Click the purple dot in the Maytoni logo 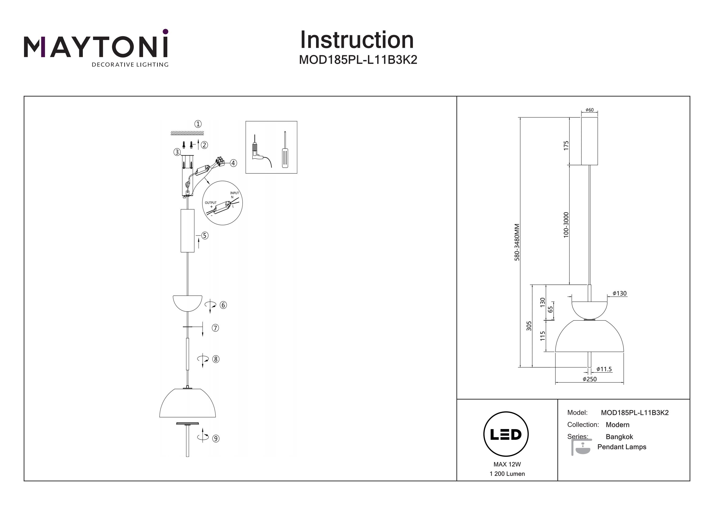point(165,31)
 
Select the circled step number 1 point(198,124)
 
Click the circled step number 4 point(233,163)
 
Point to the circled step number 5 point(205,235)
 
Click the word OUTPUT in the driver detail point(211,203)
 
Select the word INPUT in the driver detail point(234,193)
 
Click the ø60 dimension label point(589,110)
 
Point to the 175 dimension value point(566,146)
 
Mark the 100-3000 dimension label point(566,225)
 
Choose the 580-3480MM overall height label point(517,242)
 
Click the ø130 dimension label point(620,293)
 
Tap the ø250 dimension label point(590,379)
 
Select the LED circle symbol point(506,434)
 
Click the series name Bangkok point(619,437)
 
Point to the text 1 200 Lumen point(507,474)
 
